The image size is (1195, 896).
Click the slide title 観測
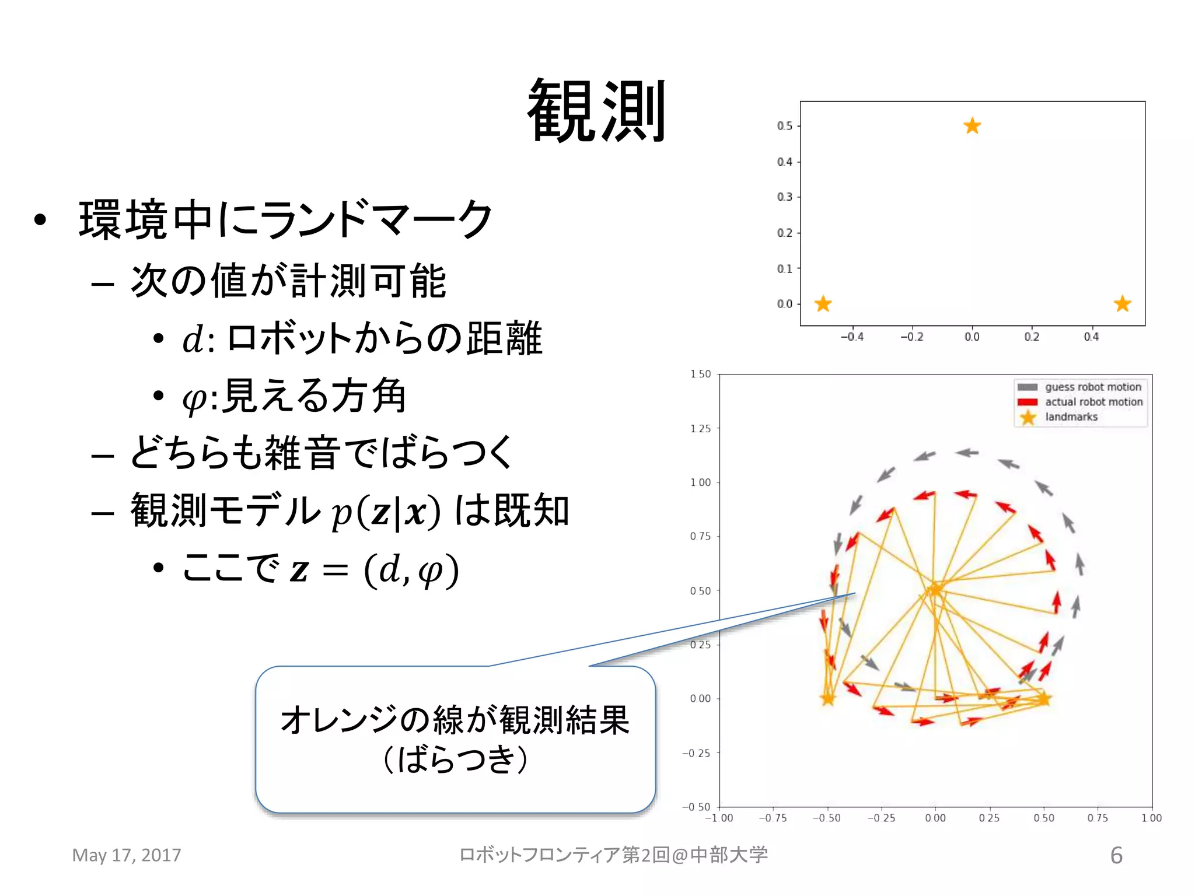click(596, 111)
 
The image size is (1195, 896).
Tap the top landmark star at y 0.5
click(972, 125)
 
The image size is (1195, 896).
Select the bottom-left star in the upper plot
click(823, 303)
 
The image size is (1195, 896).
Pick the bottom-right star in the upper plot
click(1122, 303)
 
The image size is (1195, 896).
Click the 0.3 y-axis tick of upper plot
click(785, 197)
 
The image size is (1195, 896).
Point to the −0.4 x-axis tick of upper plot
click(852, 337)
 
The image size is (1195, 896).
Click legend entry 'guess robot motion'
click(1092, 387)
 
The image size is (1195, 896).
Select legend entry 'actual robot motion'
click(1093, 402)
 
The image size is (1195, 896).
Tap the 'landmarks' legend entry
click(1071, 417)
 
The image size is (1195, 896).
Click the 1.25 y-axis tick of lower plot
click(701, 429)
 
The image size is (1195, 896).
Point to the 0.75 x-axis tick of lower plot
click(1098, 818)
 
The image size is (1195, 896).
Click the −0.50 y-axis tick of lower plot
click(697, 807)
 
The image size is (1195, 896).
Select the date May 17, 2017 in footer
click(127, 855)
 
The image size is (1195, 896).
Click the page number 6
click(1116, 855)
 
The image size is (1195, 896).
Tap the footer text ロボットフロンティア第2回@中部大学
click(613, 855)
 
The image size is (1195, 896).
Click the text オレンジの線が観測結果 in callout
click(455, 720)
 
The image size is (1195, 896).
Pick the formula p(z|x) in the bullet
click(386, 512)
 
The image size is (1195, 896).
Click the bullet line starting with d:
click(362, 339)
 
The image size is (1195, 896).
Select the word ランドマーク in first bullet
click(376, 219)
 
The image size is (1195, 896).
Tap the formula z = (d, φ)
click(374, 570)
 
